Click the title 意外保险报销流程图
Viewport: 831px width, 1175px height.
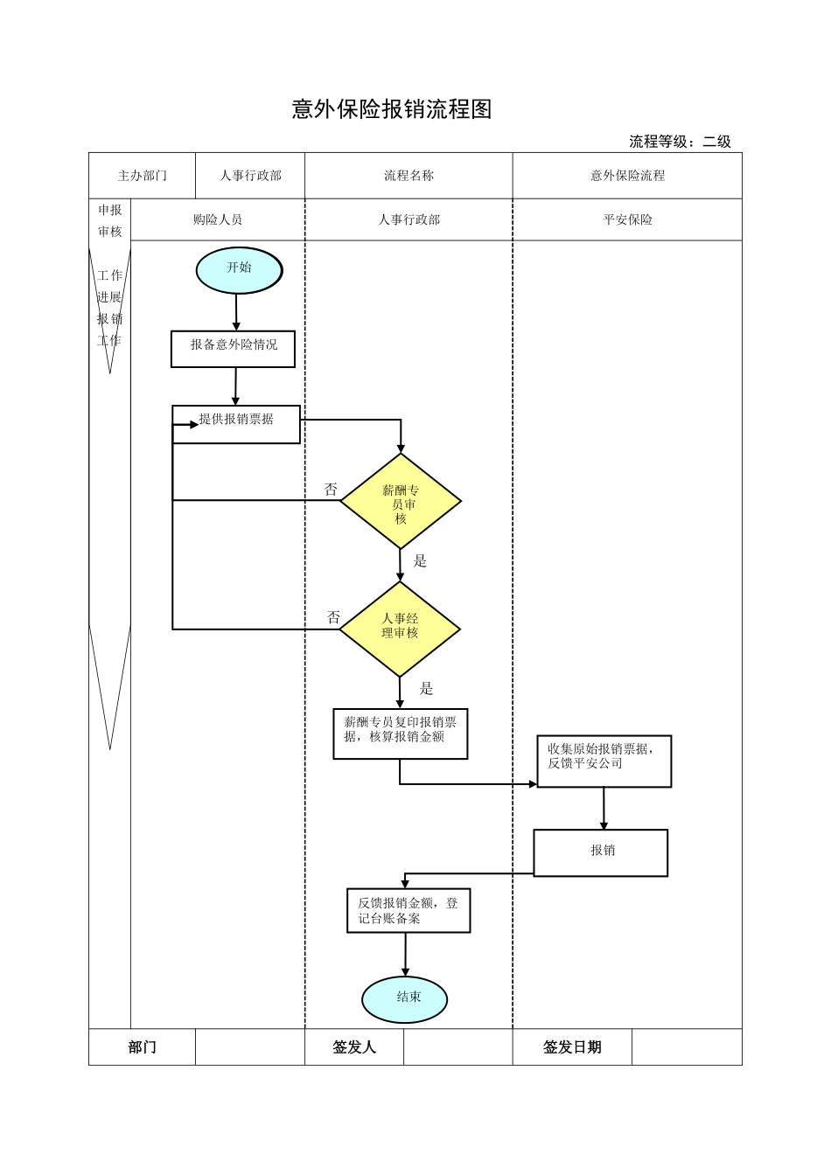[392, 109]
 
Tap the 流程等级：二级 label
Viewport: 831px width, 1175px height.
[680, 142]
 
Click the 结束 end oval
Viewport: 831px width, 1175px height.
[405, 998]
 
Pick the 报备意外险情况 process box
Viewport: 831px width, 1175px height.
[233, 347]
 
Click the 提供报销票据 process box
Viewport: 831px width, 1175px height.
[236, 423]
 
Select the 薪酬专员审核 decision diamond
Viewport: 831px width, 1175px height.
[401, 502]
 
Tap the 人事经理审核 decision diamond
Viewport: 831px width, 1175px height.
[400, 628]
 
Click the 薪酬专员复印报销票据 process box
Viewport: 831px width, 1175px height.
[401, 733]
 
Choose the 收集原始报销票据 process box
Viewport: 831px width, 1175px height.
[604, 761]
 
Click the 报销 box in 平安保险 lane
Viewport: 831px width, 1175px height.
[601, 852]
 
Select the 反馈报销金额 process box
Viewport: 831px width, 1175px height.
[408, 910]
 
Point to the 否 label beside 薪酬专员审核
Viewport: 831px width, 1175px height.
[331, 490]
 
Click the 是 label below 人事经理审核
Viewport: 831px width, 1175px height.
[426, 688]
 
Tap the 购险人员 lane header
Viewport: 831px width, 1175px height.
[217, 220]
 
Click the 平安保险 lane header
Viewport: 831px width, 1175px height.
[627, 220]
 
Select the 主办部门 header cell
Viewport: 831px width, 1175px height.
[142, 176]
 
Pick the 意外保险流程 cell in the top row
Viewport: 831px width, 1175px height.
[627, 176]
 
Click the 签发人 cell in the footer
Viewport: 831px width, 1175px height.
[354, 1046]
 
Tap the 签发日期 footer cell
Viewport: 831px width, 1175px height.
[572, 1046]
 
